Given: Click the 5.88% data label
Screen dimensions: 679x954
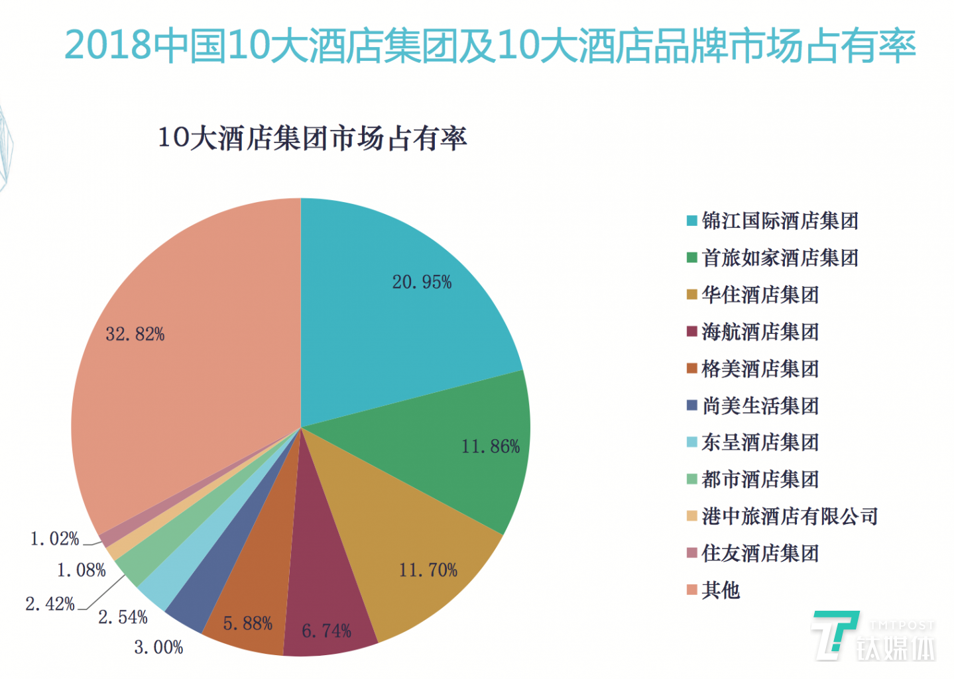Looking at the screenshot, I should pos(247,623).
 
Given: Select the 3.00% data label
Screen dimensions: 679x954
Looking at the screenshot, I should pos(158,647).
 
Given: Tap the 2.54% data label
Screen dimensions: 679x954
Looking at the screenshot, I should pos(123,617).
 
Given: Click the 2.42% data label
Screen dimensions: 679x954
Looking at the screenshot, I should pos(50,603).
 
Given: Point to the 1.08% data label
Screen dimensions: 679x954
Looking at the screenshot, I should pos(81,570).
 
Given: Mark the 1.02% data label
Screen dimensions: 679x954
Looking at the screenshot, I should pos(54,539).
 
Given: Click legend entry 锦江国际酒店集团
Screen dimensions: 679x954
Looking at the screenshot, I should pos(780,221).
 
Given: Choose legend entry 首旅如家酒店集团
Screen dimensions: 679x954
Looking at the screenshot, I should pos(780,258).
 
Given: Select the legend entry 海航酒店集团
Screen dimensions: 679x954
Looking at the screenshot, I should pos(760,331).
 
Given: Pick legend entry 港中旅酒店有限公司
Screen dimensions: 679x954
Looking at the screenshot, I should pos(790,516).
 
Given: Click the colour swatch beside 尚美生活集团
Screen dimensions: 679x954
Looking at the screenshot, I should pos(692,405).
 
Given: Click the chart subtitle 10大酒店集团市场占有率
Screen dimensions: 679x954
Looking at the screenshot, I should pos(312,138).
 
